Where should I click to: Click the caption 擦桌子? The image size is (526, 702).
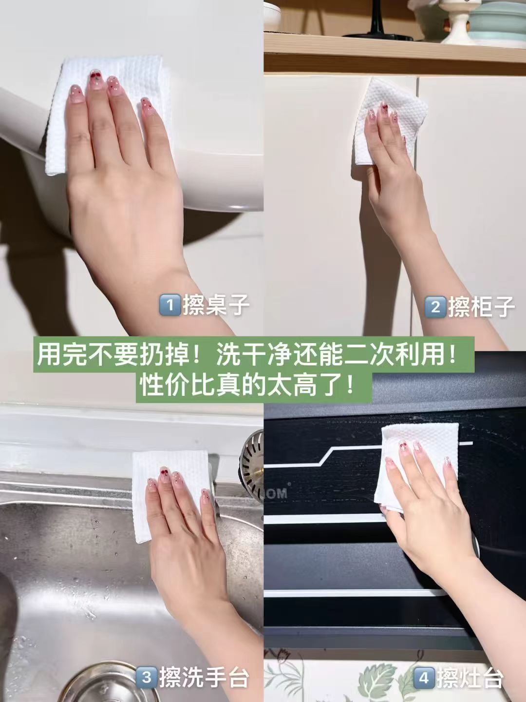(216, 306)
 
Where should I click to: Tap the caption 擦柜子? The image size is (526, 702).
(481, 307)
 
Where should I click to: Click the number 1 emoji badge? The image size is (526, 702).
(170, 306)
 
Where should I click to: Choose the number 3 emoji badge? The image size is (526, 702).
(146, 677)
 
